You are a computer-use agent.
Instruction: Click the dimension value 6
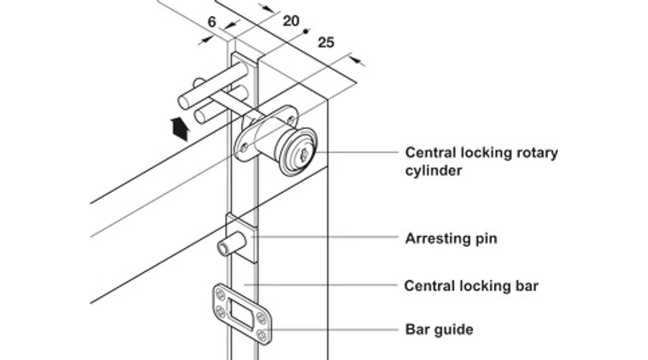click(x=212, y=22)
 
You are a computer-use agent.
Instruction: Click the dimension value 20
click(x=291, y=21)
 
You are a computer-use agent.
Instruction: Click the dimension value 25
click(x=325, y=42)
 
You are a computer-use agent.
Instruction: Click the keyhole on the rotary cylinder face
click(x=305, y=154)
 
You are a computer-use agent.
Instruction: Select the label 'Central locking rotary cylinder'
click(x=482, y=161)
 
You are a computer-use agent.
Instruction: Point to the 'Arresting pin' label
click(x=451, y=238)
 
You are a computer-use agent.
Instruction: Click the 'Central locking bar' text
click(x=471, y=286)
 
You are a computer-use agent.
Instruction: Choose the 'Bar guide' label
click(x=439, y=330)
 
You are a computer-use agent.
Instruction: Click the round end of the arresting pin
click(x=223, y=249)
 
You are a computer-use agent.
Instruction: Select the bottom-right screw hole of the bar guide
click(x=261, y=334)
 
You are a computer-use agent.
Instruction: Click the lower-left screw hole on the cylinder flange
click(x=244, y=148)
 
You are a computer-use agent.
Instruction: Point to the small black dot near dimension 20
click(x=306, y=31)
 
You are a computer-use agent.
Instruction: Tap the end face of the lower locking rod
click(x=200, y=116)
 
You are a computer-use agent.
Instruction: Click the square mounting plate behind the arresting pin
click(x=242, y=238)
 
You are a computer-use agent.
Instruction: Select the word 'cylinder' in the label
click(x=433, y=171)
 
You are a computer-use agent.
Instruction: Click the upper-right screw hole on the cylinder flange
click(x=291, y=121)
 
